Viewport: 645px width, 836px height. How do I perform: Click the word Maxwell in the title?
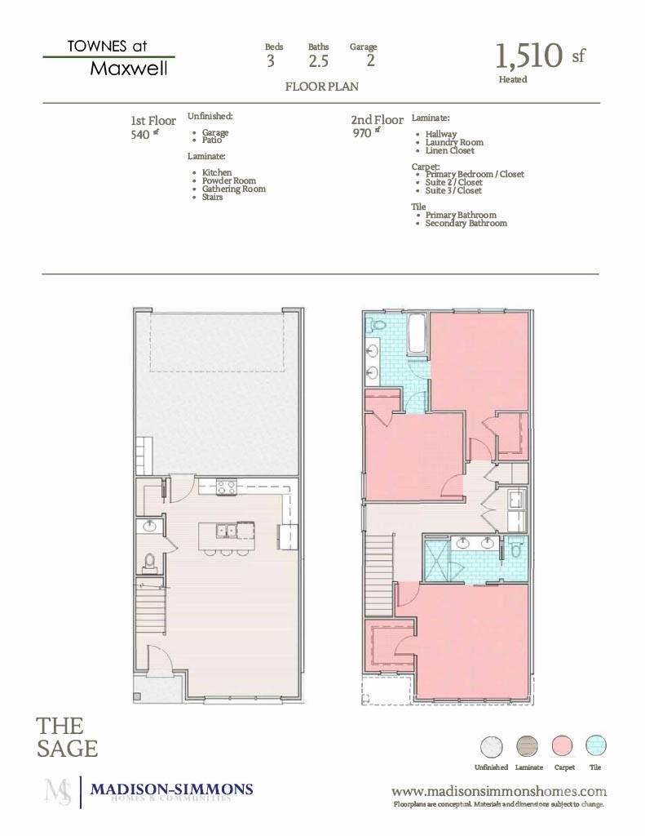[129, 69]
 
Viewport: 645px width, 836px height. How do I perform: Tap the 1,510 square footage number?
[529, 56]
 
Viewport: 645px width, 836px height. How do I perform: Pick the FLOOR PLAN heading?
[321, 86]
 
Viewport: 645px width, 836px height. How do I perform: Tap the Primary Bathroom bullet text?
[461, 216]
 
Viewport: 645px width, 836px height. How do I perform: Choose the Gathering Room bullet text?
[233, 189]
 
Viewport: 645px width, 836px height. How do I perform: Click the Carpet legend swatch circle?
[563, 746]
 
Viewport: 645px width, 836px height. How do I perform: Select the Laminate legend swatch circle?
[528, 746]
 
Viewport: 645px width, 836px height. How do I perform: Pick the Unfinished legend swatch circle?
[491, 746]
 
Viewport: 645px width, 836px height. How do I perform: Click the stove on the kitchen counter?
[227, 487]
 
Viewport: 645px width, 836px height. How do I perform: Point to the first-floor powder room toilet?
[149, 562]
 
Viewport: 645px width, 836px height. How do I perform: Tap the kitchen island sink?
[227, 531]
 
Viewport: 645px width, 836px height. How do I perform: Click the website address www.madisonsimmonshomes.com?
[499, 791]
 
